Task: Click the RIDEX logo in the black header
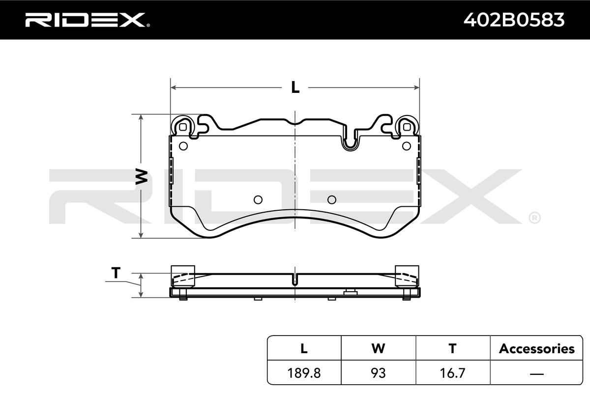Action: [88, 20]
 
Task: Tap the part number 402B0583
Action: [514, 20]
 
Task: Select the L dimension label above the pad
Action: [295, 87]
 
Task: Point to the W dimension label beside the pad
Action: [141, 177]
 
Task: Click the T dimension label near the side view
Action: [116, 273]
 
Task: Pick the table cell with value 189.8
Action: [304, 373]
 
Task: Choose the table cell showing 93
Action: [378, 373]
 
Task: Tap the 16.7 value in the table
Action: [453, 373]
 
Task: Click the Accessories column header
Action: [536, 348]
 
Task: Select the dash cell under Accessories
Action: [536, 373]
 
